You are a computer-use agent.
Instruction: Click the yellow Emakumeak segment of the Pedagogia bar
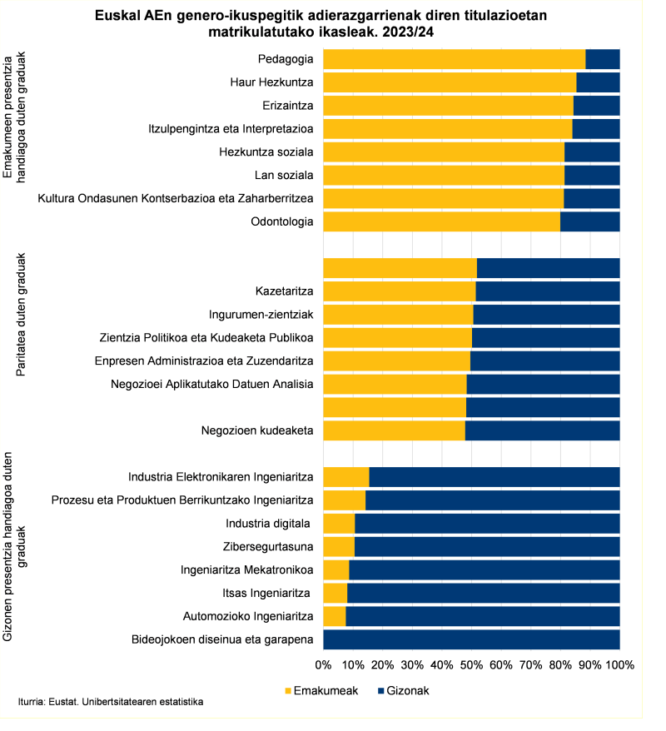(454, 59)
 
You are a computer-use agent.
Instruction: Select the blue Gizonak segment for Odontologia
(589, 221)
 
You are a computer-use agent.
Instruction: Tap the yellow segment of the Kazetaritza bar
(399, 291)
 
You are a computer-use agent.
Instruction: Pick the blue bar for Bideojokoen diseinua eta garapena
(471, 639)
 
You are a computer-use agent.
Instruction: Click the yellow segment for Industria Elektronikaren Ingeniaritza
(345, 477)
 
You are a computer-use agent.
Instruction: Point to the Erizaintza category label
(287, 106)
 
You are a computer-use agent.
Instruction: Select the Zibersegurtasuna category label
(268, 547)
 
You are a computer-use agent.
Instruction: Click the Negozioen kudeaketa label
(256, 430)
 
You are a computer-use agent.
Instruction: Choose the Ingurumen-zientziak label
(261, 315)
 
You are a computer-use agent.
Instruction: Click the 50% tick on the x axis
(471, 665)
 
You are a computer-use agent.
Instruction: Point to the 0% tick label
(323, 665)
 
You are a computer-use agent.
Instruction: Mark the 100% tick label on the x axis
(619, 665)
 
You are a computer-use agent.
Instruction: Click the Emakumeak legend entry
(326, 691)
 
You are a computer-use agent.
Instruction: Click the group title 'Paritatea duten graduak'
(22, 316)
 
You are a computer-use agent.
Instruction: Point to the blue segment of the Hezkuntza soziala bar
(592, 152)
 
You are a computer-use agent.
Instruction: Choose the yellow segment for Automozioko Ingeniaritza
(334, 616)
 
